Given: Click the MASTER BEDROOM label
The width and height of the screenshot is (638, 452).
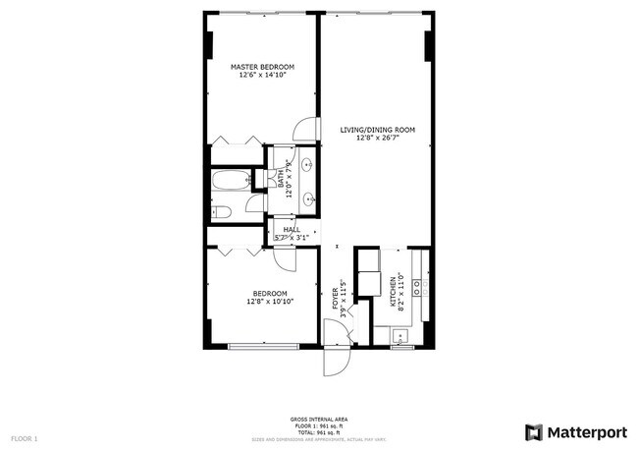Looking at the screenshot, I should point(262,67).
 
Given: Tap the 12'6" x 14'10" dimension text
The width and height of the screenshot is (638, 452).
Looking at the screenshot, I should point(262,76).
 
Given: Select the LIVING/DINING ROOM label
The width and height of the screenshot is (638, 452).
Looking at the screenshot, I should point(378,130).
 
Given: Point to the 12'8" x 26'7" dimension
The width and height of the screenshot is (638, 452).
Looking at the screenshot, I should point(378,139).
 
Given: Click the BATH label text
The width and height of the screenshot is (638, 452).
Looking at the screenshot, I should point(281,180).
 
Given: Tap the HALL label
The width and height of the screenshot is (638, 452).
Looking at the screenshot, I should point(292,229).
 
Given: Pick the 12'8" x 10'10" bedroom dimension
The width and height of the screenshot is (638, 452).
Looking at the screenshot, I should point(269,302).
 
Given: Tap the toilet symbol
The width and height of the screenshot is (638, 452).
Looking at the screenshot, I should point(222,211).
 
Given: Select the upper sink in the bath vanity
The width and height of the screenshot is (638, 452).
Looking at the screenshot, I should point(308,164).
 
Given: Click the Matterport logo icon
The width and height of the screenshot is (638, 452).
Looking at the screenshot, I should point(533,431).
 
